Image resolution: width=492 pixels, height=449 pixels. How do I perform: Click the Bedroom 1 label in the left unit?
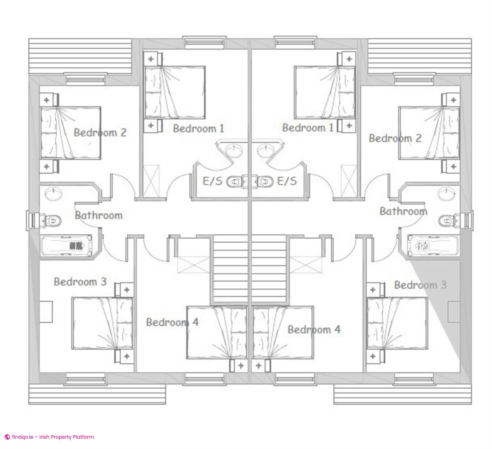199,128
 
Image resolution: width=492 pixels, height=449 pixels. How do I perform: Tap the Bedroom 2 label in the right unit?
395,138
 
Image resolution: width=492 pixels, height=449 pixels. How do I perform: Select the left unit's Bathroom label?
99,215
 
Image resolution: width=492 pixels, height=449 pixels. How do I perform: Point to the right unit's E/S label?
287,181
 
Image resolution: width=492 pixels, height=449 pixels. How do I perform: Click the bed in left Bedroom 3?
102,323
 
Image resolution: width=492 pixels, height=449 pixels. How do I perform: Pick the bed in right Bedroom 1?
325,93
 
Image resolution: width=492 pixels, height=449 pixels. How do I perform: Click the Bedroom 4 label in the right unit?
314,330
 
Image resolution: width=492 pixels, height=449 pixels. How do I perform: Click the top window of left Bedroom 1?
204,43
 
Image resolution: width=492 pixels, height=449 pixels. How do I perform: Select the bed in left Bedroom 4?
217,332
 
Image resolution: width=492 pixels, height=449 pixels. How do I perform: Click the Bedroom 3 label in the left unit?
80,282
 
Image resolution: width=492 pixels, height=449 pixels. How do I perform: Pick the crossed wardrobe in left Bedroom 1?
151,181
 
